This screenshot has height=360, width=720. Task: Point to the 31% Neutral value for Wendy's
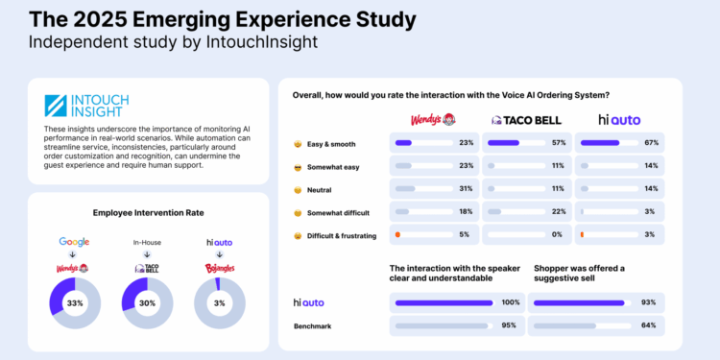[x=467, y=188]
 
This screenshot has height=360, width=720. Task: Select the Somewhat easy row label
[x=332, y=166]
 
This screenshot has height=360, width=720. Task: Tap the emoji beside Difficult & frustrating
[x=298, y=234]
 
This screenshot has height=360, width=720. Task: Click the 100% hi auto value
[x=512, y=302]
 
